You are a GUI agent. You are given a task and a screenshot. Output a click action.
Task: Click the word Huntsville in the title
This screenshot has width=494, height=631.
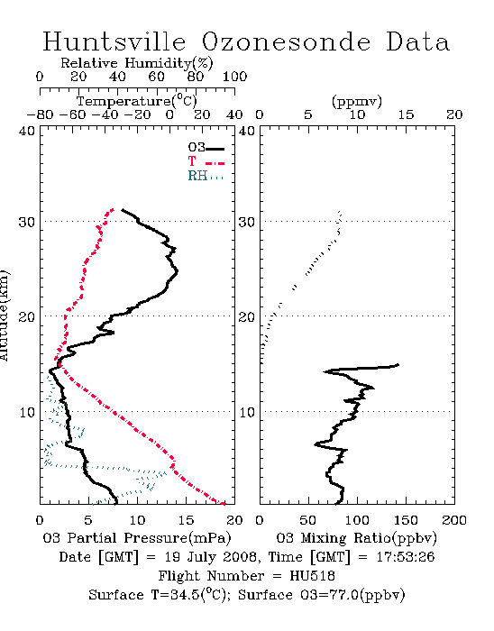114,41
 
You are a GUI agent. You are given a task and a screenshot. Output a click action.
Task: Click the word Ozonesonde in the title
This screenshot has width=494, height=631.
286,41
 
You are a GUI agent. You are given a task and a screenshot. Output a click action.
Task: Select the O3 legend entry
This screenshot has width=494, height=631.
206,148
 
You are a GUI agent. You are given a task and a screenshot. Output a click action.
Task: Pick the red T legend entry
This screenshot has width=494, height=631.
206,161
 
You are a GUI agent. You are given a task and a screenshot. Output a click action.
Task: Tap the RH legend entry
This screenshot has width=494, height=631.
206,176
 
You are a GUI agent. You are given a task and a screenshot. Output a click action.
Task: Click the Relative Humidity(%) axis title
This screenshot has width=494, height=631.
137,64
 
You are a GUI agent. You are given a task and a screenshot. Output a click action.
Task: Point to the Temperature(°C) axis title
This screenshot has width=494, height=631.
137,101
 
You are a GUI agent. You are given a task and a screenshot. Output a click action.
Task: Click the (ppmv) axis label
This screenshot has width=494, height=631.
357,101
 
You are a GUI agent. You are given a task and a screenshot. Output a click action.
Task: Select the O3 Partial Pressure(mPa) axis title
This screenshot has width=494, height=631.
137,538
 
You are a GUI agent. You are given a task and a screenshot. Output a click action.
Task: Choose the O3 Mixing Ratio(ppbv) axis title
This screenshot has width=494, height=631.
356,538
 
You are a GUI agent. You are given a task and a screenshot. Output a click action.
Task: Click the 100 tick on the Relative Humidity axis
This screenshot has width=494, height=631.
234,77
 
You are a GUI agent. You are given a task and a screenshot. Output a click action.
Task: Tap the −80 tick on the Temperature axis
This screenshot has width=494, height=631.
40,114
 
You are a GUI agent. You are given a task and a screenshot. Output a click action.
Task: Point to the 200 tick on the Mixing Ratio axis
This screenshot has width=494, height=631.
454,520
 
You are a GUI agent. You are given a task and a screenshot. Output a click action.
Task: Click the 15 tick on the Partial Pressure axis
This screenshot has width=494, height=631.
186,520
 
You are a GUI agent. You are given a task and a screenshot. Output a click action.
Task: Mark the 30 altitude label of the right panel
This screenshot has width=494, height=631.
247,222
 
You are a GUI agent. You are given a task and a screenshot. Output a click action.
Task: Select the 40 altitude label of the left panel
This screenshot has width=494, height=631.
27,131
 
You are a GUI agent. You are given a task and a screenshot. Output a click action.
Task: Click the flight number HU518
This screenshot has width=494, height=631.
312,576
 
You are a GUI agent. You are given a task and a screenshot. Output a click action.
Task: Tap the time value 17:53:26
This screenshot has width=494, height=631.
406,557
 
